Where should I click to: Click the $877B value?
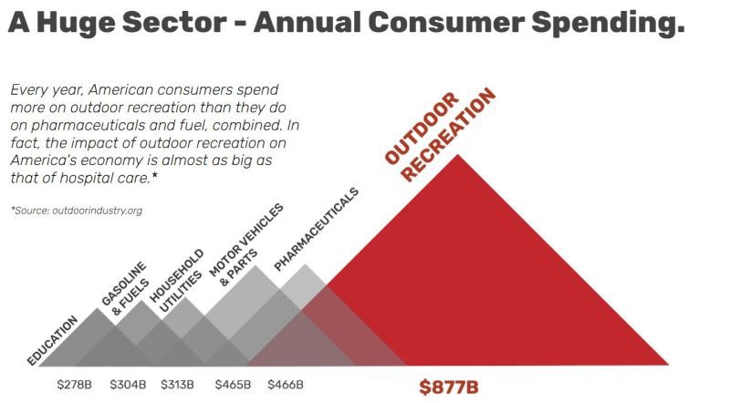(x=448, y=387)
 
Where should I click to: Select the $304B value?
(x=128, y=384)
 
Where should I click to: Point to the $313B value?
(x=177, y=384)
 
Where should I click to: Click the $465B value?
(x=233, y=384)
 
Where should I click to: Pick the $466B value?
(x=286, y=384)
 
